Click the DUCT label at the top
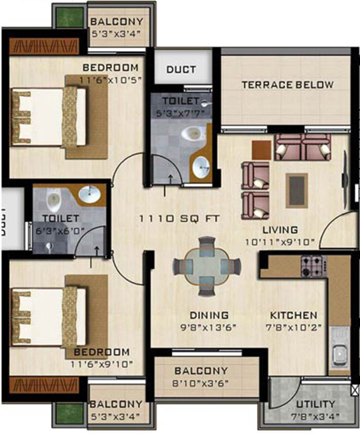[181, 70]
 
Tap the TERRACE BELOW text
[288, 85]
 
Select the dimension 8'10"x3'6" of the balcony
[201, 382]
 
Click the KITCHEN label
[293, 315]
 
